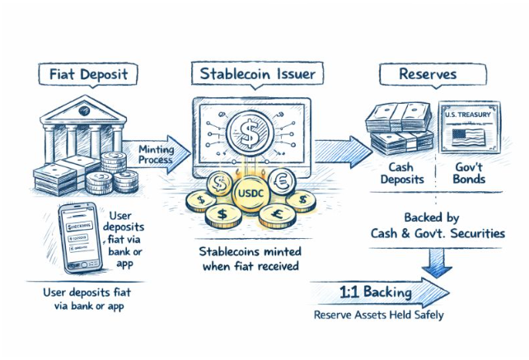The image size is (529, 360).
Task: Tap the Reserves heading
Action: (427, 74)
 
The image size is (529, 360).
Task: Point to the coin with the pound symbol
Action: (274, 215)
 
